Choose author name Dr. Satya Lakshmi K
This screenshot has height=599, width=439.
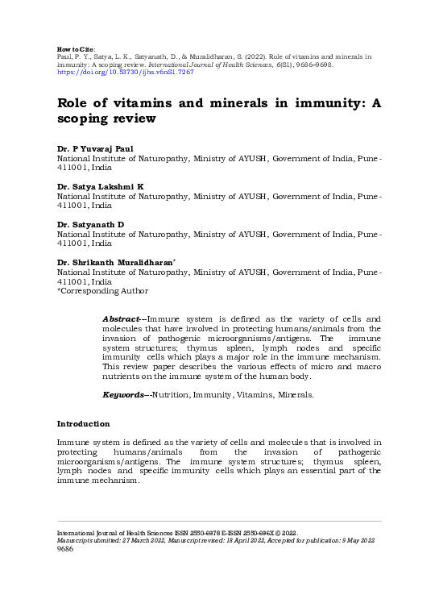(101, 186)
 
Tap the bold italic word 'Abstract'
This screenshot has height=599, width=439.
(122, 320)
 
